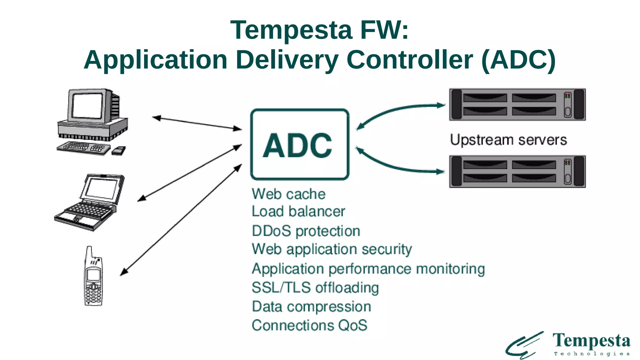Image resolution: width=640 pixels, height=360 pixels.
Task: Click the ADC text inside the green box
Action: [297, 145]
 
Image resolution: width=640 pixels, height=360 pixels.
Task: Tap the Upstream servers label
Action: [508, 140]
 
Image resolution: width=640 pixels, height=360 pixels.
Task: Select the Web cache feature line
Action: [288, 194]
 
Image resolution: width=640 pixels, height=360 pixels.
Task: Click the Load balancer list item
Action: [298, 212]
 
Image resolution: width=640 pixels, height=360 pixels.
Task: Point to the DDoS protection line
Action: [306, 231]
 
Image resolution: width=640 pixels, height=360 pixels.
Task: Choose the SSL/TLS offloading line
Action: [315, 287]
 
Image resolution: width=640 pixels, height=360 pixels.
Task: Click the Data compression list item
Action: [311, 307]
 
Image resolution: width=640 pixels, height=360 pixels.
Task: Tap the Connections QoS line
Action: [309, 325]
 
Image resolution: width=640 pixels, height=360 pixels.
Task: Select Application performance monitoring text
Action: [368, 269]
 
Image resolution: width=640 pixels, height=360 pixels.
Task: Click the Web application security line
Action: [332, 249]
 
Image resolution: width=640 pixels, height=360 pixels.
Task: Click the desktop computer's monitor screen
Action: [87, 106]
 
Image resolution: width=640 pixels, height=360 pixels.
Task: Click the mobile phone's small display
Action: [93, 275]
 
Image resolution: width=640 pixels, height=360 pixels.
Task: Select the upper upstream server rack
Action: [517, 104]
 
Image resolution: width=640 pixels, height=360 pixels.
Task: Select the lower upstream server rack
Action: [517, 172]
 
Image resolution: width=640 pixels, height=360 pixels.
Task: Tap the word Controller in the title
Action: [410, 60]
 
